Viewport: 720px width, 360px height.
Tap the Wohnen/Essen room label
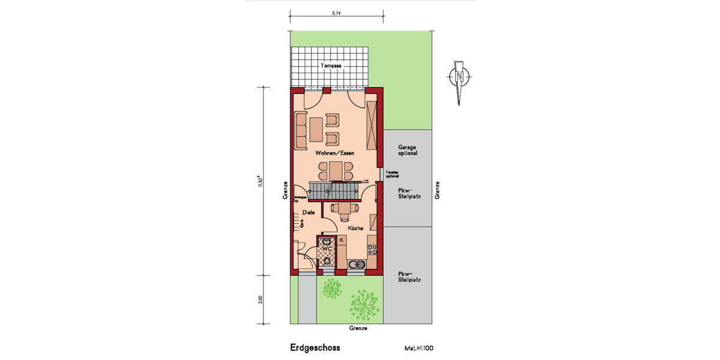point(335,153)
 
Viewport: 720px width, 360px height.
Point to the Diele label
point(308,212)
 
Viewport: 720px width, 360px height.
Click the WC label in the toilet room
point(327,247)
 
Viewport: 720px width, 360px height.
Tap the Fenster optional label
point(392,175)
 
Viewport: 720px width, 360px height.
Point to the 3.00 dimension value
point(261,299)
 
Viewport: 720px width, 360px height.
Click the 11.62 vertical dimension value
point(261,181)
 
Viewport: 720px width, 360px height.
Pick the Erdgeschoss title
point(315,347)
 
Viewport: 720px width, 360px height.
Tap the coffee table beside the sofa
point(316,128)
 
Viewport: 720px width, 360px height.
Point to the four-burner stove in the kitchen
point(372,246)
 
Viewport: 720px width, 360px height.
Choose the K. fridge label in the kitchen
point(341,240)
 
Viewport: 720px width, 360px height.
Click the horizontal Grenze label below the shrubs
point(358,328)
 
